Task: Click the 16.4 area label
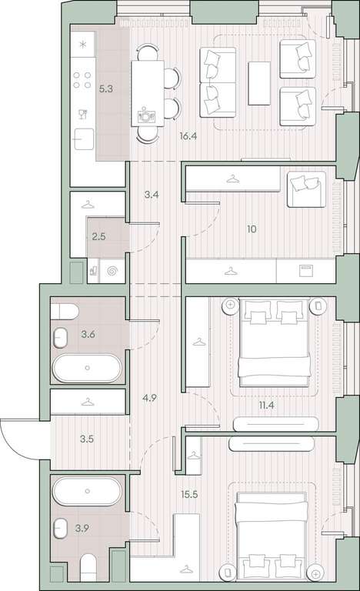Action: tap(188, 136)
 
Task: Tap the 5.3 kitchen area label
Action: tap(105, 89)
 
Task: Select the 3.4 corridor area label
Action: tap(152, 195)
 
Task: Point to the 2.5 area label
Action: tap(98, 237)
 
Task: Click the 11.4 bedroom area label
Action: tap(266, 406)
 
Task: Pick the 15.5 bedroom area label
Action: tap(189, 494)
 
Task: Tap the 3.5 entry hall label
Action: tap(87, 439)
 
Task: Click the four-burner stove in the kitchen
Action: tap(82, 80)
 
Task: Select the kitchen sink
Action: tap(83, 139)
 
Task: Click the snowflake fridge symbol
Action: tap(83, 45)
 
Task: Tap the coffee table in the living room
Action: tap(259, 83)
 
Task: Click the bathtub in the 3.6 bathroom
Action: tap(87, 368)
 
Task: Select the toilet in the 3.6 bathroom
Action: tap(65, 312)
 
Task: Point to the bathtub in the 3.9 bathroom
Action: tap(87, 491)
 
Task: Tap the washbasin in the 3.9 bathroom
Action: tap(60, 529)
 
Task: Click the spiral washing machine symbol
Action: tap(112, 271)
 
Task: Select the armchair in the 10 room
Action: tap(306, 189)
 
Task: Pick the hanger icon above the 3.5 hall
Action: tap(88, 402)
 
